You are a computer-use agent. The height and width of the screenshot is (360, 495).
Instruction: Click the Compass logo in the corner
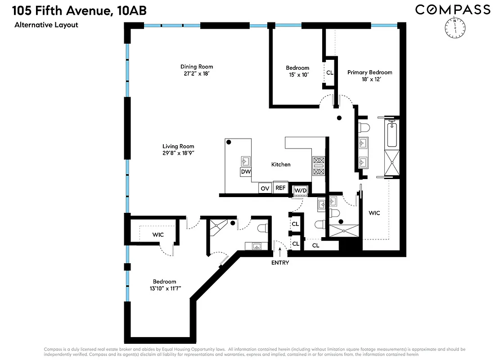(x=452, y=9)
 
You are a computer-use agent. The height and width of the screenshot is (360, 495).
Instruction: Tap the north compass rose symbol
(x=455, y=28)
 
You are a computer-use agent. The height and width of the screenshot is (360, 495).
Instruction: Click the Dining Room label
(x=197, y=67)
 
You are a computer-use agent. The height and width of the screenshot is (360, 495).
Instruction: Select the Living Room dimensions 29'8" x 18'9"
(x=178, y=153)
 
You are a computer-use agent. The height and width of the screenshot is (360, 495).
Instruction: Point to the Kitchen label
(x=281, y=165)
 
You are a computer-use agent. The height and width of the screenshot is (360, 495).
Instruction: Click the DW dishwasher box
(x=246, y=172)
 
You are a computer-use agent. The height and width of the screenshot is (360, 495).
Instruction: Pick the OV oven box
(x=265, y=188)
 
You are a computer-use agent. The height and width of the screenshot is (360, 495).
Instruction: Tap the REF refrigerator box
(x=280, y=188)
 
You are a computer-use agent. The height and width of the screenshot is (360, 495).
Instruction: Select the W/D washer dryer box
(x=300, y=190)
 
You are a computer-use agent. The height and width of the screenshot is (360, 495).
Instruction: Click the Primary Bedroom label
(x=369, y=72)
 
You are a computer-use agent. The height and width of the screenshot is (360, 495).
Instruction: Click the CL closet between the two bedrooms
(x=330, y=72)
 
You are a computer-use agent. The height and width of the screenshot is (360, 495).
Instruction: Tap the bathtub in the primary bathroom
(x=392, y=134)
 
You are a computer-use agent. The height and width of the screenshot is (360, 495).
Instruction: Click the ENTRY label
(x=280, y=263)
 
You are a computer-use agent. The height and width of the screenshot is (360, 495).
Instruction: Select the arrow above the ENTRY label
(x=280, y=251)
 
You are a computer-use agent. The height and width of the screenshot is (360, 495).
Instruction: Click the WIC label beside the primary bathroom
(x=374, y=213)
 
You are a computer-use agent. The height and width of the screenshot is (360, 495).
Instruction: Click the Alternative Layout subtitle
(x=46, y=25)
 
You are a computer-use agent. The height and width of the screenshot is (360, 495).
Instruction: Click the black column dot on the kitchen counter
(x=229, y=142)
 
